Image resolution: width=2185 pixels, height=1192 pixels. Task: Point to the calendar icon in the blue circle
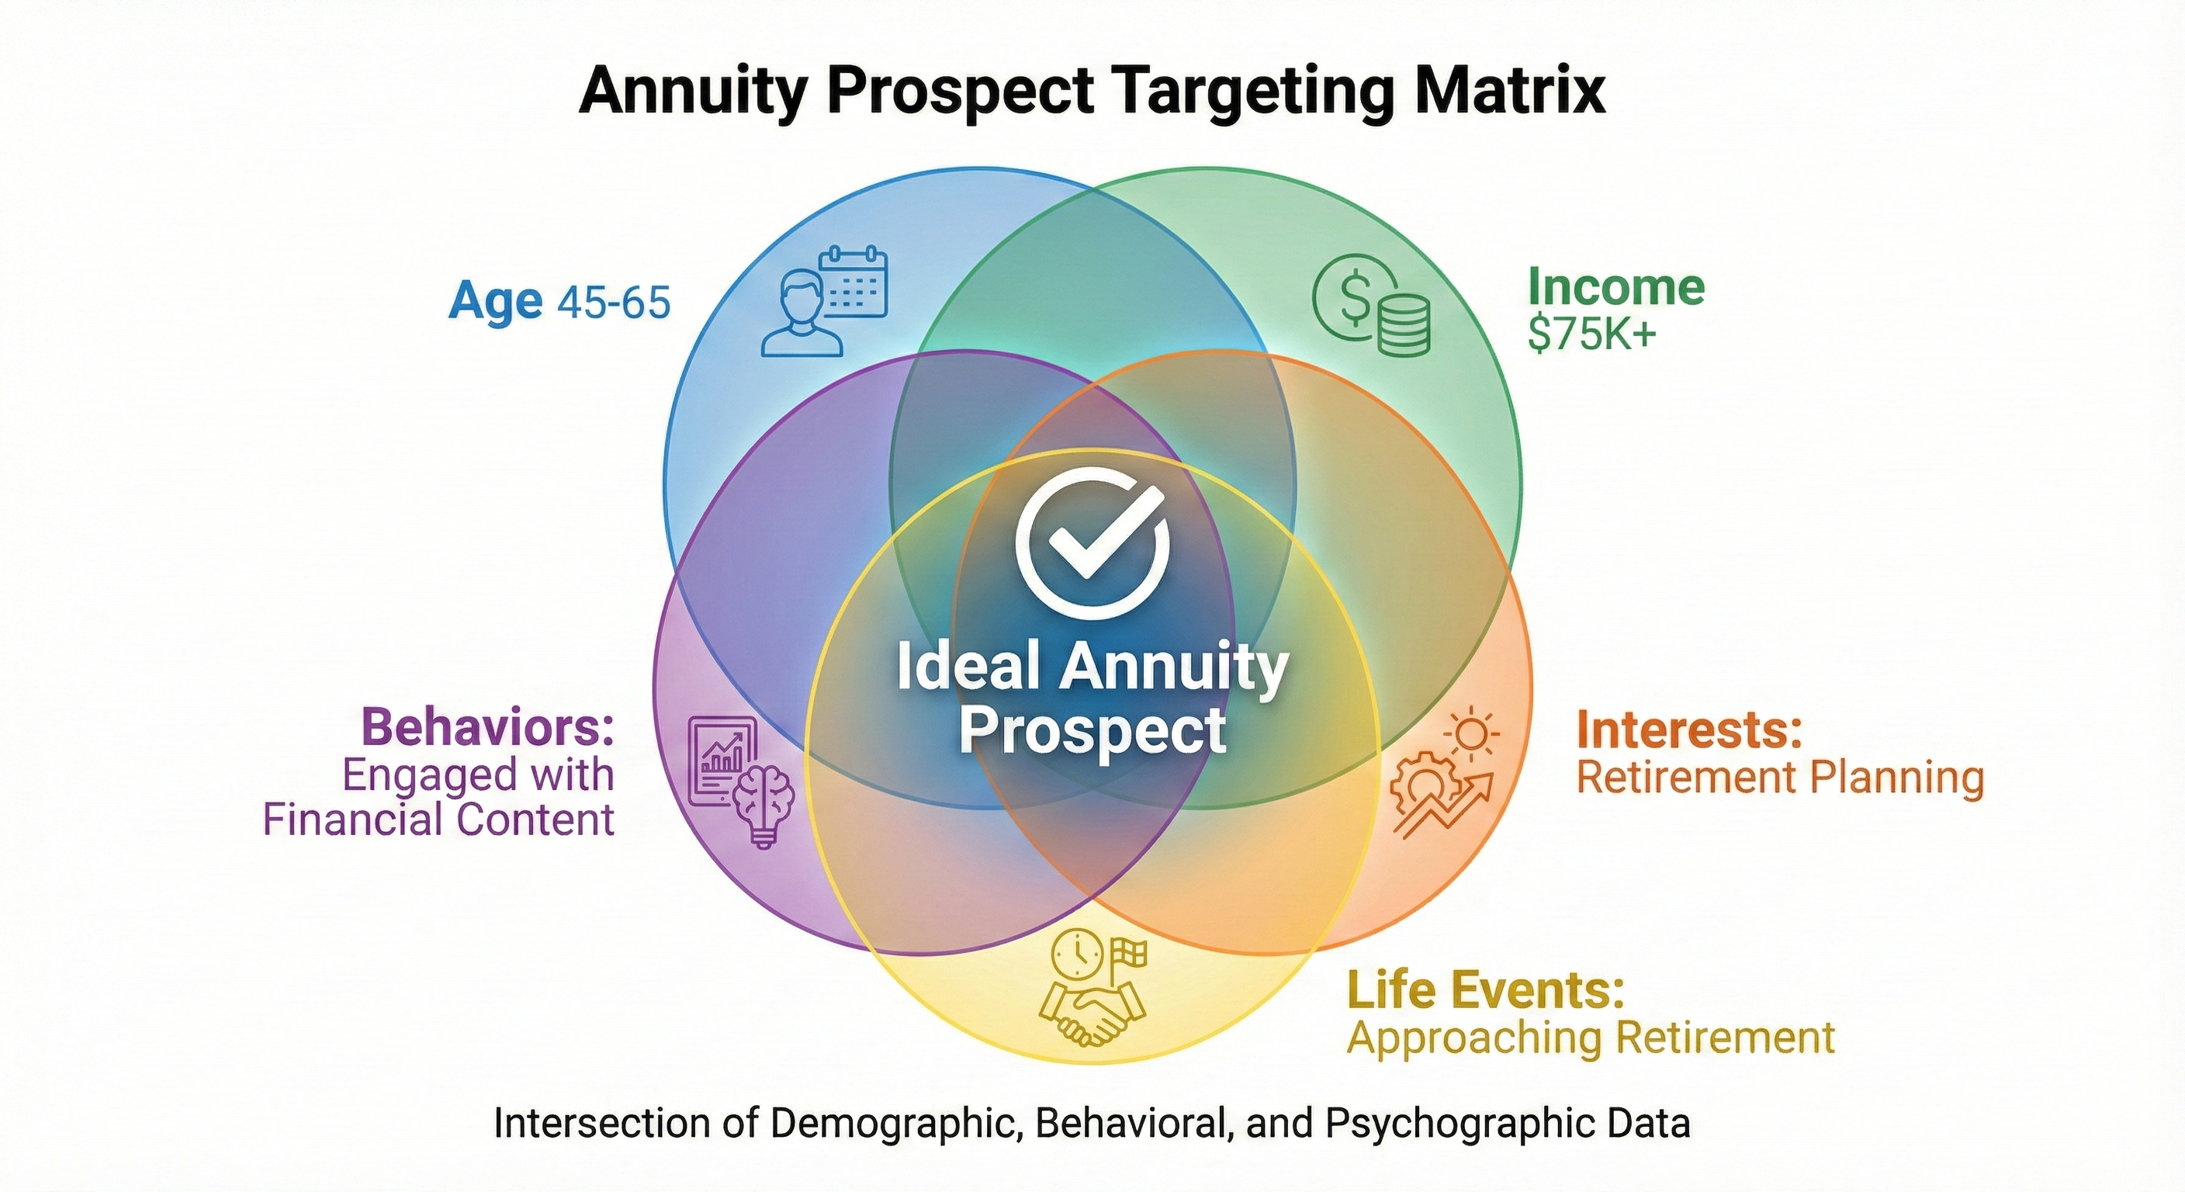[x=854, y=282]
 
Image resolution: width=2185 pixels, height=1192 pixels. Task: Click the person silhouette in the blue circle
[x=802, y=313]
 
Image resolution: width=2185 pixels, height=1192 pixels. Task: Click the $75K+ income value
[x=1591, y=334]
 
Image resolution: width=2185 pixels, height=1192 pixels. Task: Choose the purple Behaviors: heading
[x=488, y=727]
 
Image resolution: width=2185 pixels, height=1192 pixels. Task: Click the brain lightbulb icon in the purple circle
[x=762, y=804]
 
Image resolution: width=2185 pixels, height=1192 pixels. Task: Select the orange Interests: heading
[x=1688, y=729]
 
